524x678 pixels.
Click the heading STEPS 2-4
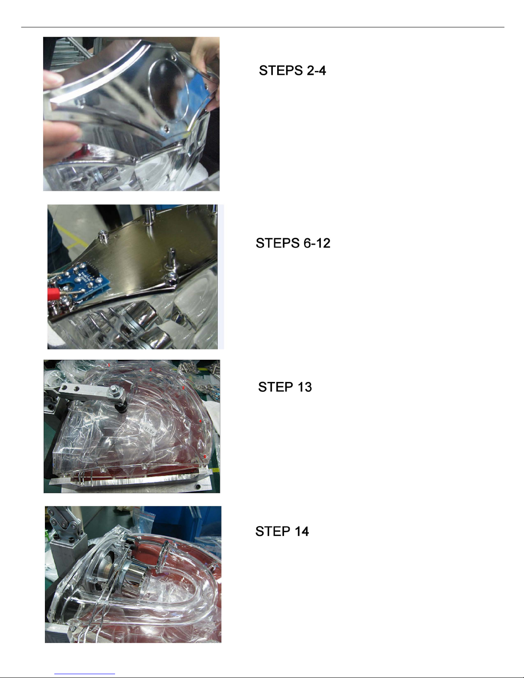tap(292, 71)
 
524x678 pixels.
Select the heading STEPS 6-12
tap(293, 243)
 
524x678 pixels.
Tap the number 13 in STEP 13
tap(305, 387)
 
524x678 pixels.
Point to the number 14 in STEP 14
tap(302, 531)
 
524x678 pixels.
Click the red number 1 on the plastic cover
tap(109, 364)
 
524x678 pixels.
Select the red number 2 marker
tap(151, 370)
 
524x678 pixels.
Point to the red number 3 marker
tap(184, 388)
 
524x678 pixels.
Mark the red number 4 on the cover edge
tap(201, 421)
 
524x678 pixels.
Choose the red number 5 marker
tap(205, 456)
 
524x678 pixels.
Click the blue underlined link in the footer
tap(85, 674)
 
